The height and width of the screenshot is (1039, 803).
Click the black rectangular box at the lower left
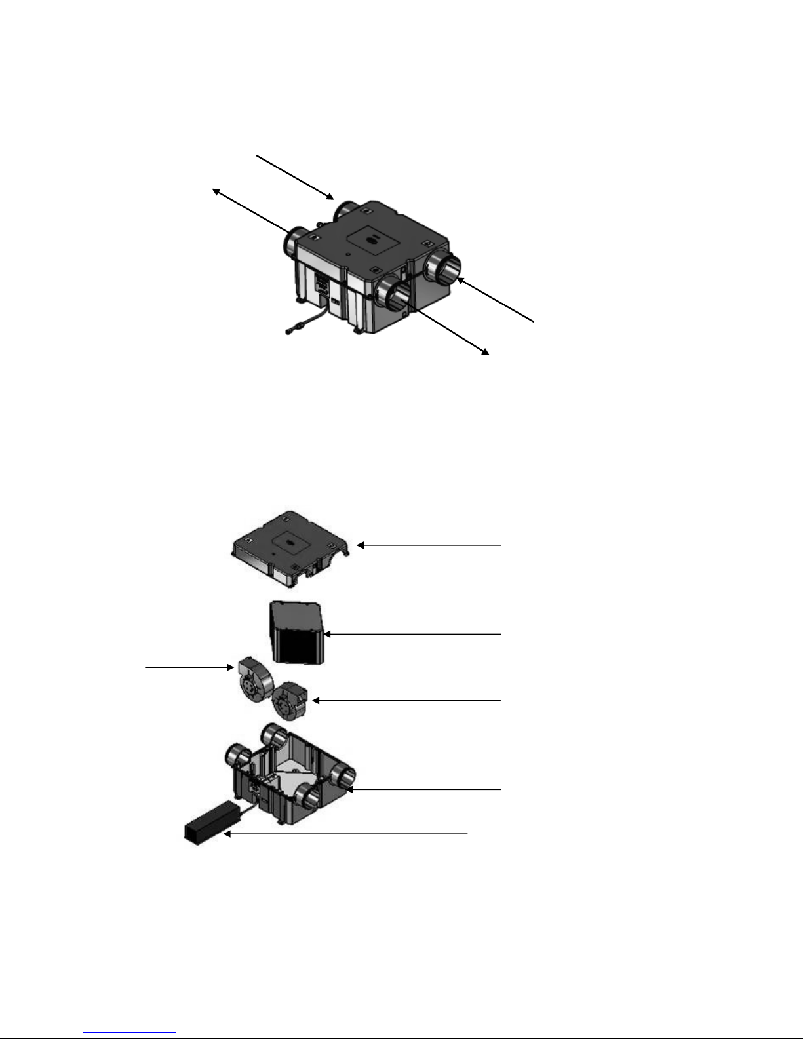pos(209,822)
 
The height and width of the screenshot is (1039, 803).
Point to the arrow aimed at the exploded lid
pos(429,545)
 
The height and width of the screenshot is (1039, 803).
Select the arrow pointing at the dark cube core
pos(413,634)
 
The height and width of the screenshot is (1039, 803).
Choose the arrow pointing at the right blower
pos(406,701)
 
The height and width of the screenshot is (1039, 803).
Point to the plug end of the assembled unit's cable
pos(290,331)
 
